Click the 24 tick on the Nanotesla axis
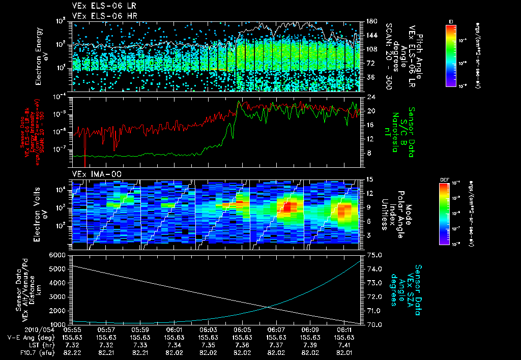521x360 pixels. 371,97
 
